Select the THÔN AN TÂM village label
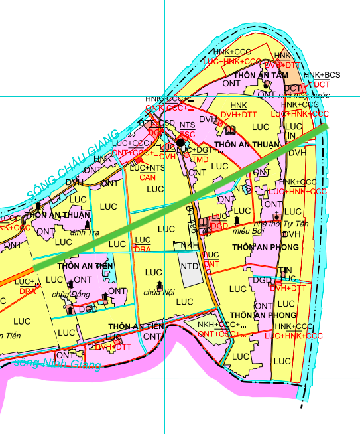point(265,75)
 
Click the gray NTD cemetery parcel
point(190,266)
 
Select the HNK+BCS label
point(322,76)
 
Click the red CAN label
point(147,177)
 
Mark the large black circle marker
point(180,123)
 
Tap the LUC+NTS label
point(147,168)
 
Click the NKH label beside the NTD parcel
point(190,246)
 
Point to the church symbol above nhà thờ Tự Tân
point(276,217)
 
